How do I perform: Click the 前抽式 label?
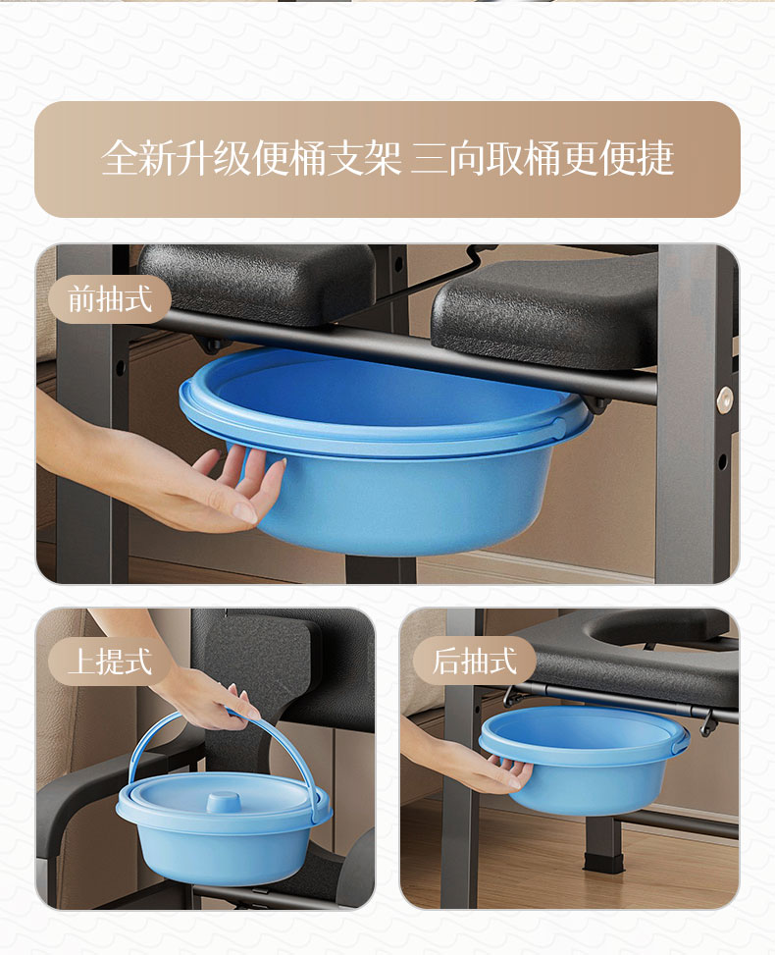click(x=110, y=299)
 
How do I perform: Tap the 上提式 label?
click(x=110, y=661)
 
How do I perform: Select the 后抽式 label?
click(x=474, y=661)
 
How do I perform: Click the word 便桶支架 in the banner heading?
click(x=327, y=158)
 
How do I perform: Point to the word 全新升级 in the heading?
click(x=176, y=158)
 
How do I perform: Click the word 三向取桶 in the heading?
click(x=485, y=158)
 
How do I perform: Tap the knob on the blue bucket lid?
click(x=223, y=801)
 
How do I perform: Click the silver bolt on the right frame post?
click(x=725, y=400)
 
